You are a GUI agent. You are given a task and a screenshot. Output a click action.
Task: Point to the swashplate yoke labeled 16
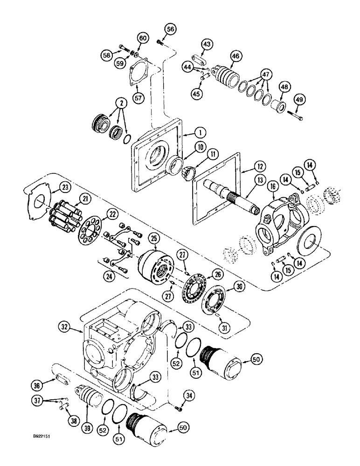click(x=280, y=224)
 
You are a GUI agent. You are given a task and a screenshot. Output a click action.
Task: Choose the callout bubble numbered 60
click(x=143, y=38)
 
